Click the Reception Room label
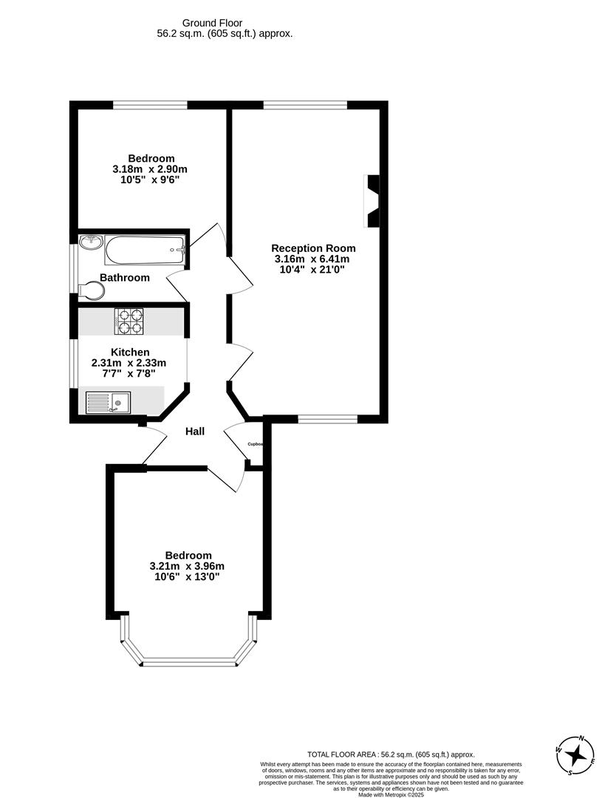(x=313, y=248)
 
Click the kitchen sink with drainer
(x=109, y=403)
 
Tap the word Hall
(x=195, y=432)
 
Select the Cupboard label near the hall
(x=255, y=444)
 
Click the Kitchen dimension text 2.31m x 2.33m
(x=129, y=363)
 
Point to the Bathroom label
(x=125, y=278)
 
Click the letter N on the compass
(x=582, y=738)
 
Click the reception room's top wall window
(x=305, y=106)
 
